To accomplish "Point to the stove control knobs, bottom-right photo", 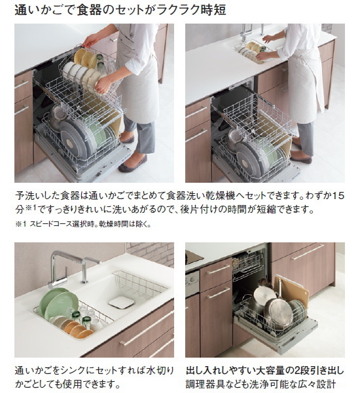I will (192, 282).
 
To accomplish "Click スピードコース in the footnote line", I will (54, 225).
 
